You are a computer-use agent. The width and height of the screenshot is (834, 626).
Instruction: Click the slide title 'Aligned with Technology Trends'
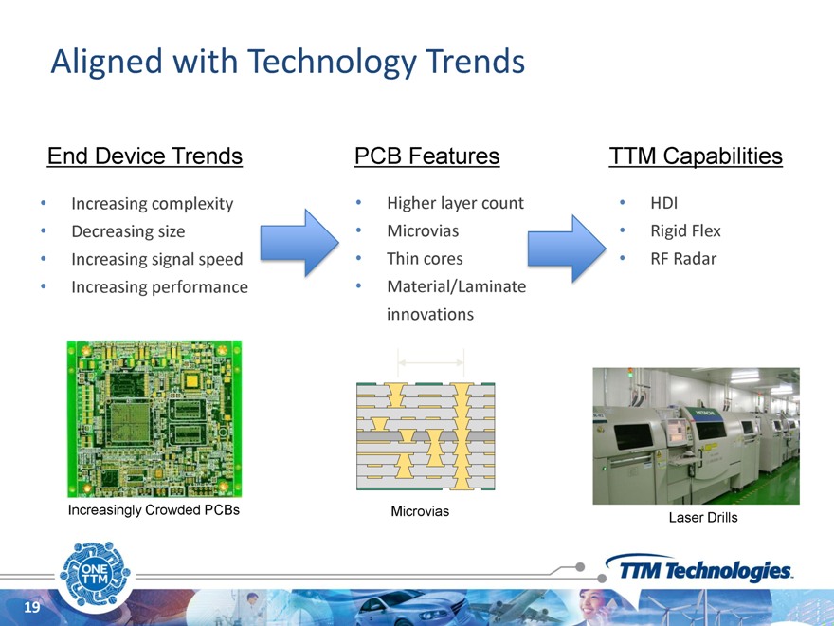(x=288, y=63)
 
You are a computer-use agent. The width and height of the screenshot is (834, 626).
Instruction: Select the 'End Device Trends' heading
(x=145, y=156)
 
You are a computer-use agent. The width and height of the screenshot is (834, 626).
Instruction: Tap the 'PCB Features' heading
(x=427, y=156)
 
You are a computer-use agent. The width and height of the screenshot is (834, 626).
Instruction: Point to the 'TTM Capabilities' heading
(x=696, y=156)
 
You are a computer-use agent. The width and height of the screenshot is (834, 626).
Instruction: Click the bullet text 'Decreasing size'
(x=128, y=231)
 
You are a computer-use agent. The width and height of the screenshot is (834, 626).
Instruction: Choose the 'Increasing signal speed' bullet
(x=157, y=259)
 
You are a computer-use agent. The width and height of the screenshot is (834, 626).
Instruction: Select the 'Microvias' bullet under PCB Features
(x=423, y=231)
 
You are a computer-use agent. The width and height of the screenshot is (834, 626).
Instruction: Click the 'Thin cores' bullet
(x=425, y=259)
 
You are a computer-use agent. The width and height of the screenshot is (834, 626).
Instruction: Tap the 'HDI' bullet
(x=663, y=203)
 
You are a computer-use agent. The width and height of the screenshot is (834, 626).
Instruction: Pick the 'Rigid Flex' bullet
(x=685, y=231)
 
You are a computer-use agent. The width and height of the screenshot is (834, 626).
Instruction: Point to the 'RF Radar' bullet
(x=683, y=259)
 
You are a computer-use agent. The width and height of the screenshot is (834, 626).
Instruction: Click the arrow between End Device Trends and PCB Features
(x=299, y=243)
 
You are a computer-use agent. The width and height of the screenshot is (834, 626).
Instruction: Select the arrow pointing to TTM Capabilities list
(x=567, y=249)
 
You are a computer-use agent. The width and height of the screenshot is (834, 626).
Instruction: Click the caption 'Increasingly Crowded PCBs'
(x=154, y=510)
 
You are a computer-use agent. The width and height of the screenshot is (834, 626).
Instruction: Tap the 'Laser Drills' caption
(x=703, y=518)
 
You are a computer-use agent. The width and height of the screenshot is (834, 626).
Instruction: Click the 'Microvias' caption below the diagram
(x=420, y=511)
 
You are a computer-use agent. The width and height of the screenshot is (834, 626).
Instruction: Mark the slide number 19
(x=32, y=607)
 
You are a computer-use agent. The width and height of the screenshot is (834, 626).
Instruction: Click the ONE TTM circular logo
(x=95, y=575)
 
